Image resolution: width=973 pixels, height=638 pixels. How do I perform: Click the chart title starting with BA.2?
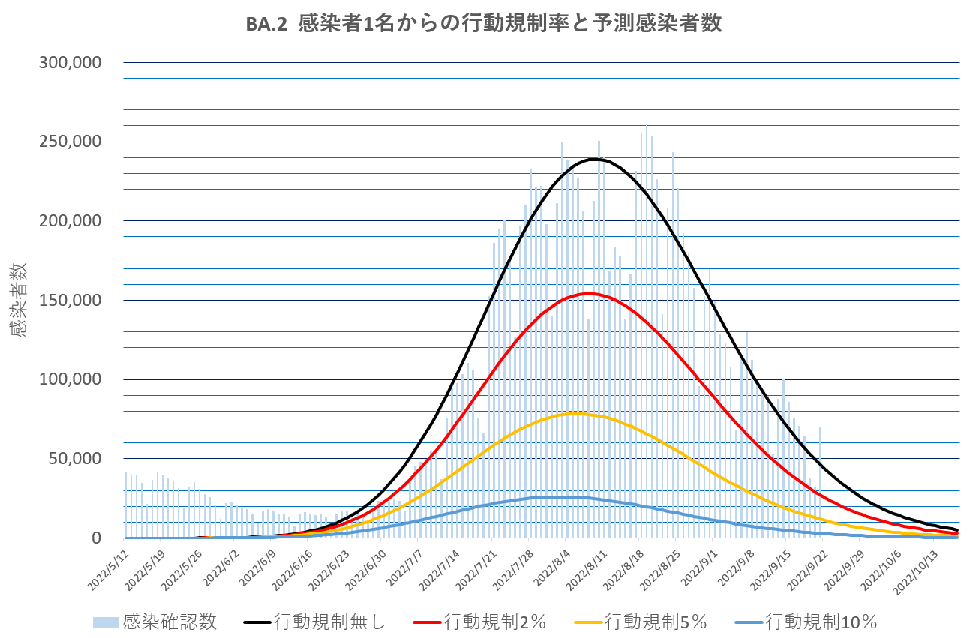coord(484,24)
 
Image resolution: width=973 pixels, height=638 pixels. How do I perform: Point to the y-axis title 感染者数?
coord(20,299)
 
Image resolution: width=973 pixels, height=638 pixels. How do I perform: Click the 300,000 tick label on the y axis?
coord(70,63)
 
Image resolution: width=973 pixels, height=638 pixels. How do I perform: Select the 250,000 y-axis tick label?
coord(70,142)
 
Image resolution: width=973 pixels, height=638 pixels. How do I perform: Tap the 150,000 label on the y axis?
coord(70,301)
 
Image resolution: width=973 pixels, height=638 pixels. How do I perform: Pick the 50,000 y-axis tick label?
coord(74,459)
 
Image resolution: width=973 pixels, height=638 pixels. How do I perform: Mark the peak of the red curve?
coord(588,293)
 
